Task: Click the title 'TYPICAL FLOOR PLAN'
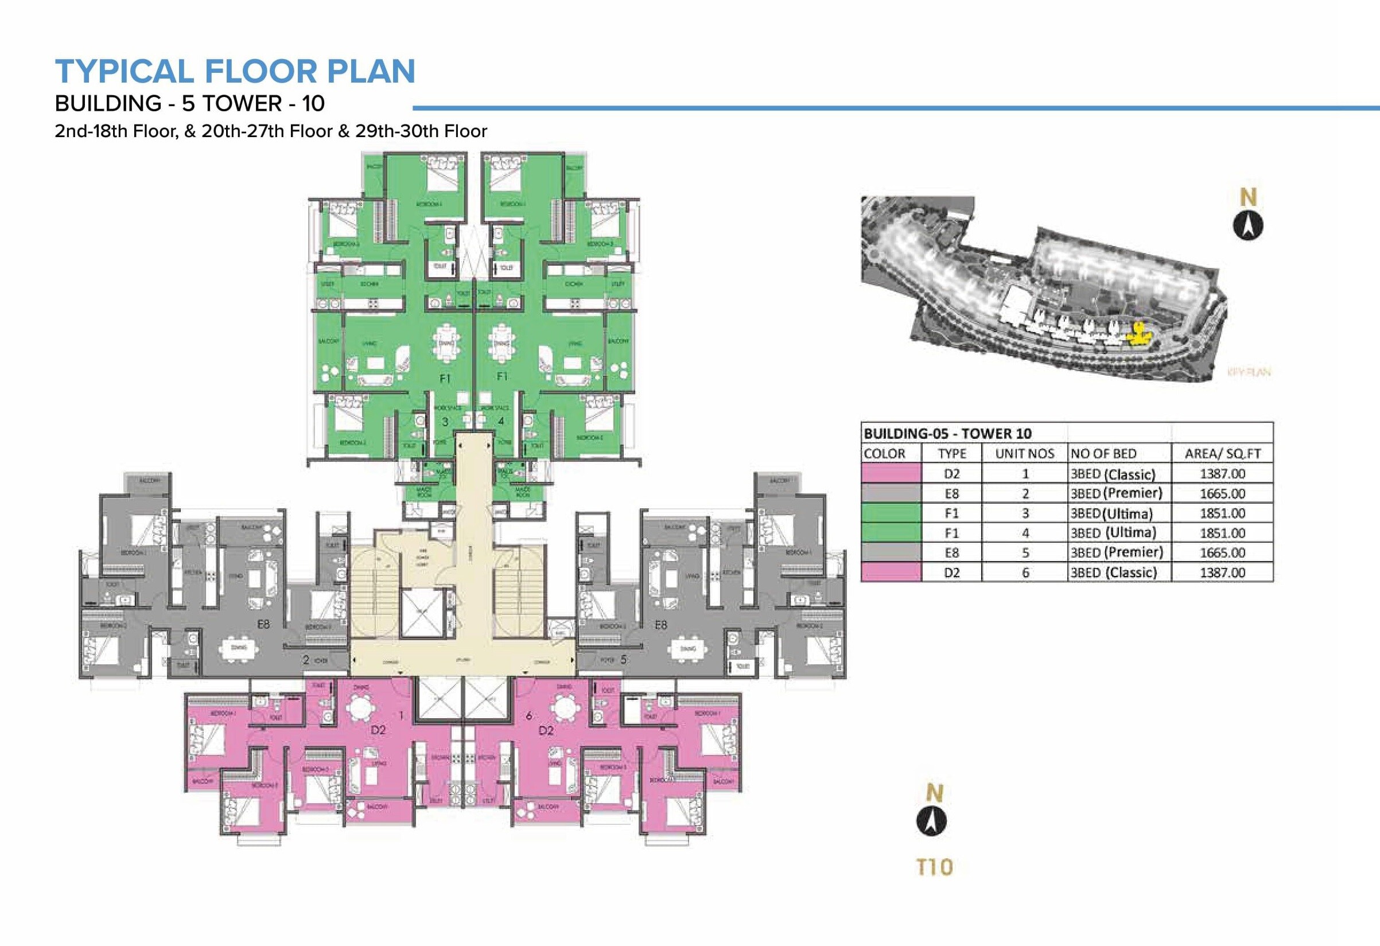[x=235, y=71]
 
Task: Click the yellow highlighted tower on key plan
[x=1139, y=336]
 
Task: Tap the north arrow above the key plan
[x=1248, y=226]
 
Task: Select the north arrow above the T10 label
[x=931, y=822]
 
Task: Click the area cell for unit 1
[x=1222, y=474]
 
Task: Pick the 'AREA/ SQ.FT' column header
[x=1222, y=454]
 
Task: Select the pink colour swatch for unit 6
[x=891, y=573]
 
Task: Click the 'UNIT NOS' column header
[x=1024, y=454]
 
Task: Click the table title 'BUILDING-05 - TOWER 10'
[x=947, y=434]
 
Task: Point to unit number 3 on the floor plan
[x=445, y=422]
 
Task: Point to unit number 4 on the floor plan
[x=501, y=421]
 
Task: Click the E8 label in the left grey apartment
[x=263, y=624]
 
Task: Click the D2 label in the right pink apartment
[x=546, y=730]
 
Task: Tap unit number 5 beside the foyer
[x=623, y=659]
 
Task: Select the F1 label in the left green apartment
[x=445, y=378]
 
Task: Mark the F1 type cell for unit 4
[x=951, y=534]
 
